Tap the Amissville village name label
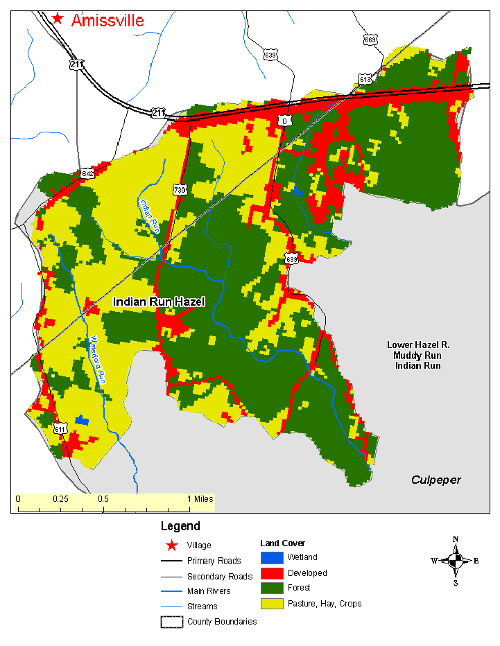[107, 20]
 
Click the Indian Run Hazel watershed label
[159, 302]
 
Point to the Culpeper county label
[436, 480]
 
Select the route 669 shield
[370, 40]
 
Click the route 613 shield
[365, 79]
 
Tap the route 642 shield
[87, 173]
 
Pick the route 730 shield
[180, 189]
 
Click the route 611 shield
[60, 429]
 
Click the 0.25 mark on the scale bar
[60, 499]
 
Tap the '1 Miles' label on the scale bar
[198, 499]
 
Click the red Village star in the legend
[171, 545]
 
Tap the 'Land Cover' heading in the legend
[282, 543]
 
